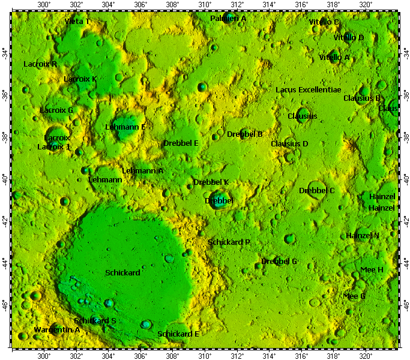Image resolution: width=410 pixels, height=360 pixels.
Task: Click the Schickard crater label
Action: tap(122, 272)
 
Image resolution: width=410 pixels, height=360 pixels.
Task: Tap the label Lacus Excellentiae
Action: tap(308, 89)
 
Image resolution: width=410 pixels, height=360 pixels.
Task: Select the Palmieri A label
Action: tap(228, 19)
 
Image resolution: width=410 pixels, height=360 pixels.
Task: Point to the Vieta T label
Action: tap(77, 22)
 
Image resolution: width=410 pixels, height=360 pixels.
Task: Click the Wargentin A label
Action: tap(57, 329)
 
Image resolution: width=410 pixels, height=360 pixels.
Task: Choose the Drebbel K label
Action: tap(211, 182)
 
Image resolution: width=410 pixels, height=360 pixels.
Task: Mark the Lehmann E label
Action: tap(125, 127)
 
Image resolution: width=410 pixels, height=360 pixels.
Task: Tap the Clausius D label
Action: tap(289, 143)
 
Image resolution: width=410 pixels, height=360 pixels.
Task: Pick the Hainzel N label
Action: tap(363, 235)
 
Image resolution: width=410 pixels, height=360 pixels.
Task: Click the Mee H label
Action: tap(372, 270)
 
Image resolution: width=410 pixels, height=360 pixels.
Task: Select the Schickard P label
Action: tap(229, 242)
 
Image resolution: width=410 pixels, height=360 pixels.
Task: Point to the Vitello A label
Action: tap(334, 57)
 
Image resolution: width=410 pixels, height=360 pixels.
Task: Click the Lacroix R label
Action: tap(40, 64)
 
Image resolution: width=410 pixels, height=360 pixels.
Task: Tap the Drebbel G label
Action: tap(279, 261)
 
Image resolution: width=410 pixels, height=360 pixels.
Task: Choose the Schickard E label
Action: tap(178, 334)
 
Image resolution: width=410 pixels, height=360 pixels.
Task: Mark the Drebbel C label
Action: tap(317, 190)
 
